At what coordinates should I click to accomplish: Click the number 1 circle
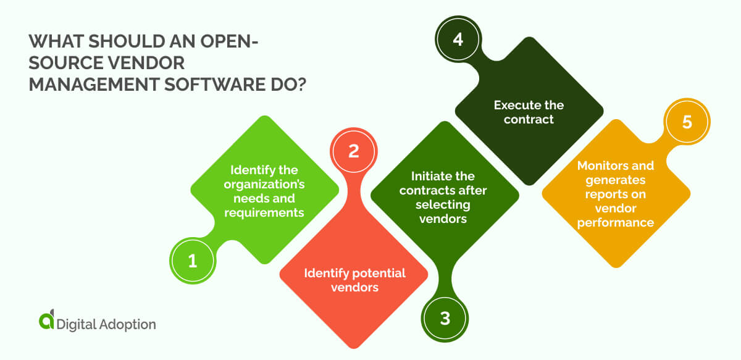192,261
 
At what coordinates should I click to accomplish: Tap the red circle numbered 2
354,151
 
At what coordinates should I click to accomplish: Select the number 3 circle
445,319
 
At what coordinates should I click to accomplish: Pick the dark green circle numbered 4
457,40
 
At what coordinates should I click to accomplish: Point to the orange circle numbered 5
687,122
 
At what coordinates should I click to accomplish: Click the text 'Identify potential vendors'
354,280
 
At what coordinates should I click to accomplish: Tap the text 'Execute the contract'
529,112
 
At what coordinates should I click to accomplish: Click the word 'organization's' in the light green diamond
264,185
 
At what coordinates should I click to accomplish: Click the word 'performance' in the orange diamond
615,223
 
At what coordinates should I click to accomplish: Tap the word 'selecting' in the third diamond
443,204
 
